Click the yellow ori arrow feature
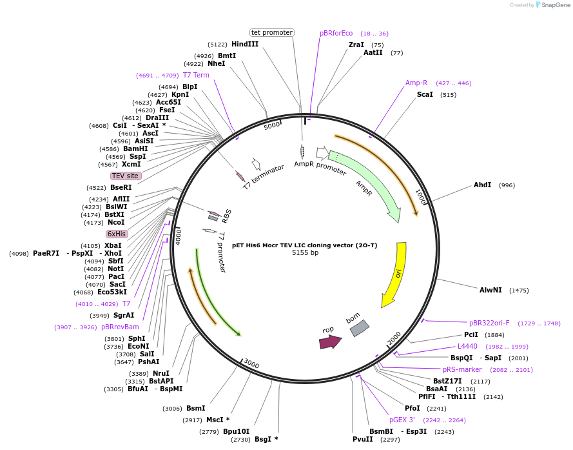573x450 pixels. [x=394, y=274]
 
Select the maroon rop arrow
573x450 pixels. [x=330, y=342]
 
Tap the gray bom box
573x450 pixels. [x=359, y=329]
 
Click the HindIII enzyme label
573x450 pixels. [x=245, y=44]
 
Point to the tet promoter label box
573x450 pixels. [x=271, y=32]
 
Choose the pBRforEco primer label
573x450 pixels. [x=336, y=33]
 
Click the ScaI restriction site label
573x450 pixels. [x=425, y=94]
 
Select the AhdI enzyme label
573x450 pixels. [x=482, y=185]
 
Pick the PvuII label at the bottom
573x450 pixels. [x=362, y=439]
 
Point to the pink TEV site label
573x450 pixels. [x=126, y=176]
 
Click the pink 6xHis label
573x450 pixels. [x=117, y=234]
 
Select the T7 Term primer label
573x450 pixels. [x=196, y=75]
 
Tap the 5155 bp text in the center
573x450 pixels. [x=305, y=252]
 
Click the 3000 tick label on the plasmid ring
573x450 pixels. [x=251, y=364]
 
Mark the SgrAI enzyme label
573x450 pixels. [x=124, y=315]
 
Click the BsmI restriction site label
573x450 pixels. [x=195, y=408]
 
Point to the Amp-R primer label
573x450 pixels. [x=416, y=83]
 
